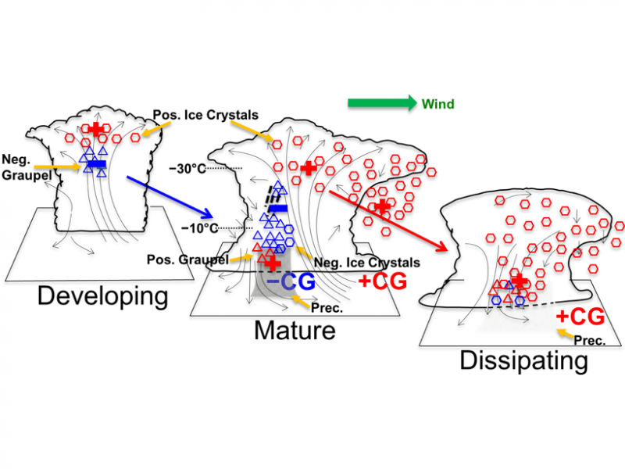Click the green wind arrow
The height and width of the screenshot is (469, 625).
pos(381,102)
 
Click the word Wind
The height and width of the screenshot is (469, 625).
pos(437,103)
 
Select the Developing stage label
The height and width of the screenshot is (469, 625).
pos(103,297)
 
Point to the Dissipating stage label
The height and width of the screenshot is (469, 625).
pos(523,361)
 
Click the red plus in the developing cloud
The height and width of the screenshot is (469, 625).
pos(97,129)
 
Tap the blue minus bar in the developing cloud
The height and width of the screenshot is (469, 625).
pos(95,163)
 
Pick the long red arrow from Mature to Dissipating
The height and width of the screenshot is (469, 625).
pos(388,220)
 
